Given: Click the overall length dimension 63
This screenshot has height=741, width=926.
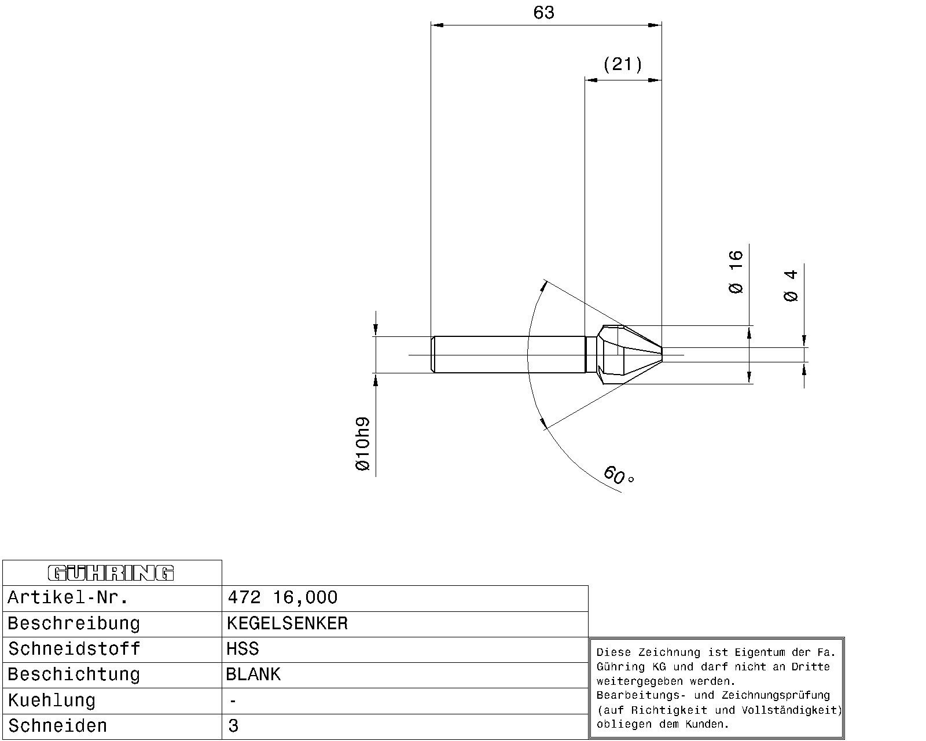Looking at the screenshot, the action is click(543, 13).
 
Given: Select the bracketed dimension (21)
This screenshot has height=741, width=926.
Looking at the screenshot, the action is click(622, 65).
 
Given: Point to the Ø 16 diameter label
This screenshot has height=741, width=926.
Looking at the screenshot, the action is click(736, 272).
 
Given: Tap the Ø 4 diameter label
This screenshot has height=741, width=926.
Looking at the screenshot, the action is click(791, 285).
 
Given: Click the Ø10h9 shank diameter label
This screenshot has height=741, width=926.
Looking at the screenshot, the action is click(363, 444).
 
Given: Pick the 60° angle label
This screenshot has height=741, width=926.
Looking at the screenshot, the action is click(618, 475).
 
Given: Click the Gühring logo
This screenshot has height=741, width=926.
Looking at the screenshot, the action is click(111, 573).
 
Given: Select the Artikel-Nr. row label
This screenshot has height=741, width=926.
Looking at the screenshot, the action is click(68, 597).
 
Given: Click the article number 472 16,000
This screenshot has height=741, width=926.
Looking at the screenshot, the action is click(282, 597).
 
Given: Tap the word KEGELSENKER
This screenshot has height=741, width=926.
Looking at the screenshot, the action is click(287, 623).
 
